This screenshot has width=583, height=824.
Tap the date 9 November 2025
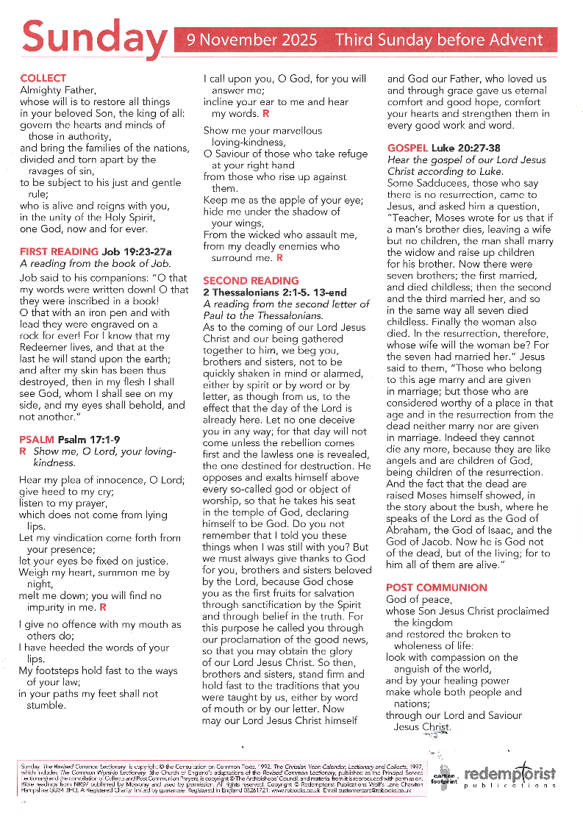251,40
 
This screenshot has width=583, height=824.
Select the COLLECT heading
43,78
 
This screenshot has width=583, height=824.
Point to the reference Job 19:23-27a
143,251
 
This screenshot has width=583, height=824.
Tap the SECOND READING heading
251,281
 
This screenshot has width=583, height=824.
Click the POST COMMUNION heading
436,587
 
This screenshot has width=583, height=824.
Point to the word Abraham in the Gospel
412,530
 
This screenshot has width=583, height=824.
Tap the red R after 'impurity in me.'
103,607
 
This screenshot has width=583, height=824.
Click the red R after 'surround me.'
279,258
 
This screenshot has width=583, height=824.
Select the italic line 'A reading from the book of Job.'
96,263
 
